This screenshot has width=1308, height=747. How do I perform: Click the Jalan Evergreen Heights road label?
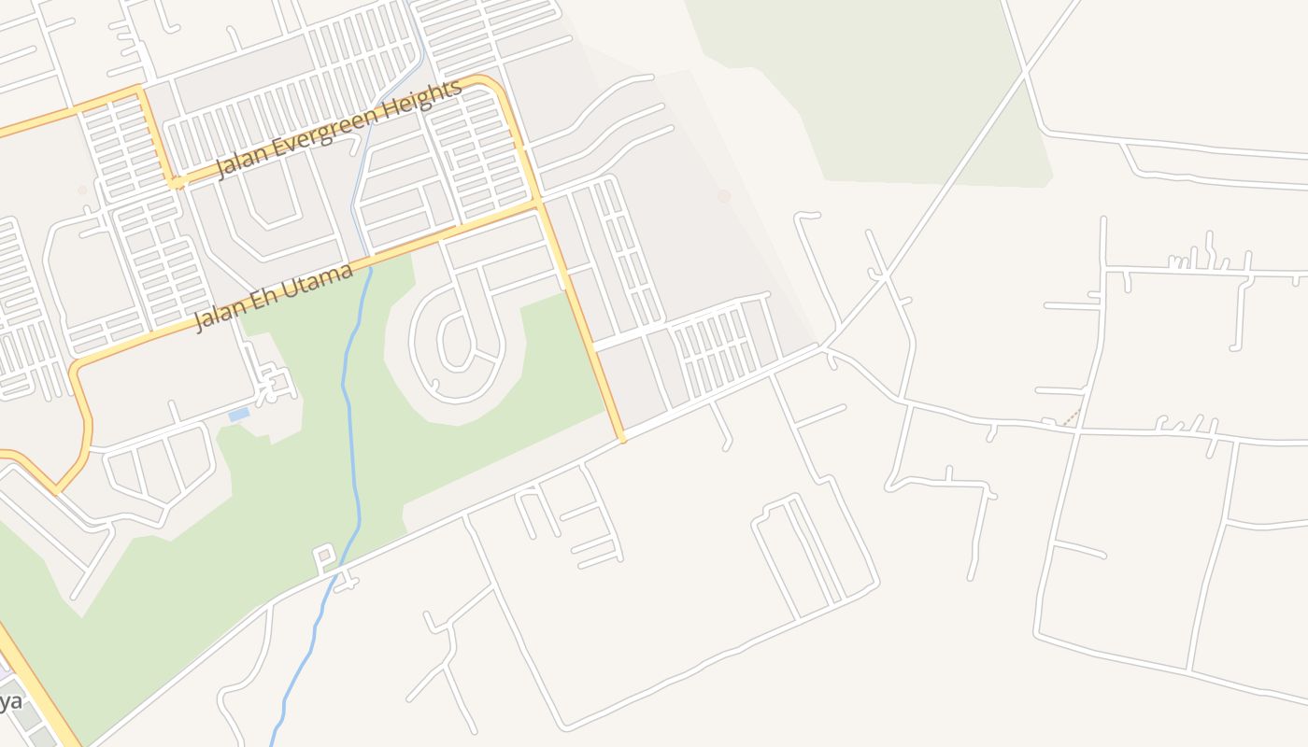coord(339,130)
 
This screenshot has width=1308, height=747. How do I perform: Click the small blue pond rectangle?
coord(238,414)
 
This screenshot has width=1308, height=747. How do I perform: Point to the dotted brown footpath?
coord(1071,417)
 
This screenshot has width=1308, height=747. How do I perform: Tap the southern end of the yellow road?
coord(621,438)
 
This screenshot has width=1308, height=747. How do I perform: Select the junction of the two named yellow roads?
coord(538,201)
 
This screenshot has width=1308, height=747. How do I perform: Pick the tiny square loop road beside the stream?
coord(324,557)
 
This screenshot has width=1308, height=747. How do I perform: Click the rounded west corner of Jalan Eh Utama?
coord(77,370)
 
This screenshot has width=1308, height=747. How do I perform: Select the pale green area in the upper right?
coord(888,93)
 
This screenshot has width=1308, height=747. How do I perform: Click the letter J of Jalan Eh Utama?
coord(199,324)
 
